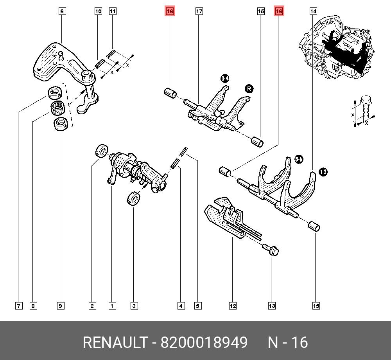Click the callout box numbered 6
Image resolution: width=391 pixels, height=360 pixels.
pyautogui.click(x=62, y=12)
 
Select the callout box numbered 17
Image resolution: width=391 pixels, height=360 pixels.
pyautogui.click(x=199, y=12)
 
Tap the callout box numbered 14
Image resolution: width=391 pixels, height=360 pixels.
pyautogui.click(x=313, y=12)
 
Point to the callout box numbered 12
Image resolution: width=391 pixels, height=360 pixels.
pyautogui.click(x=233, y=306)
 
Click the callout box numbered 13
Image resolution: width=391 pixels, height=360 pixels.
pyautogui.click(x=272, y=306)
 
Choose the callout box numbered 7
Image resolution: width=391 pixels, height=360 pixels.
pyautogui.click(x=18, y=306)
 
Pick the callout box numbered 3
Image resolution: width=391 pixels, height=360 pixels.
pyautogui.click(x=134, y=306)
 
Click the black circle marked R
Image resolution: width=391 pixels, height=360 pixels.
pyautogui.click(x=249, y=89)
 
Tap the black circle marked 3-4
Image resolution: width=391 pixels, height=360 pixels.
pyautogui.click(x=225, y=79)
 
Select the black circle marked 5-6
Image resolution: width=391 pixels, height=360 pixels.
pyautogui.click(x=299, y=159)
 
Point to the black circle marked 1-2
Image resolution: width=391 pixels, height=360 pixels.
pyautogui.click(x=323, y=171)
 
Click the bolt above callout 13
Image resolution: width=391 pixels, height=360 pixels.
pyautogui.click(x=270, y=249)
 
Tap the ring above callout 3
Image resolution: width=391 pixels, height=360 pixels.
pyautogui.click(x=133, y=198)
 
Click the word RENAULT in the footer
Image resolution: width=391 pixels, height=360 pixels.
pyautogui.click(x=116, y=343)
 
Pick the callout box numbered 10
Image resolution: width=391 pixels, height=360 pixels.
pyautogui.click(x=98, y=12)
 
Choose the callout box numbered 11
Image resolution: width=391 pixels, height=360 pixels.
pyautogui.click(x=113, y=12)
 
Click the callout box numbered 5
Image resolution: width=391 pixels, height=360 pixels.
pyautogui.click(x=198, y=306)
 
